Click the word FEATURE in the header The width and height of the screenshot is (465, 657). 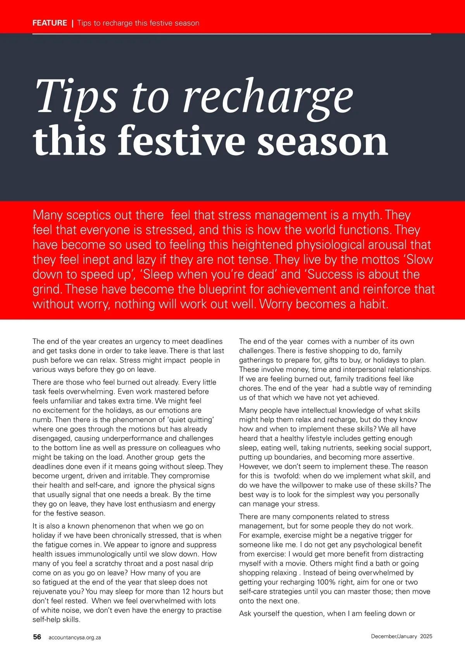click(x=50, y=23)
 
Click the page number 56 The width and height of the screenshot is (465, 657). click(x=37, y=637)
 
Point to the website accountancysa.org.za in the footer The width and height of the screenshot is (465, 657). click(x=75, y=637)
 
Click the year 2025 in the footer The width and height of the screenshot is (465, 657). click(x=426, y=636)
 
